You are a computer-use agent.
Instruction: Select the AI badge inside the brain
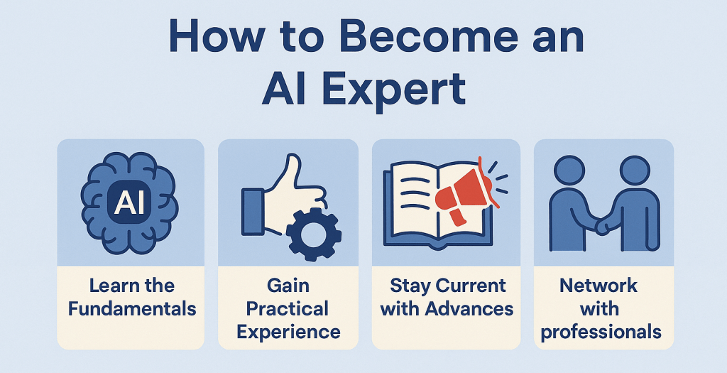tap(129, 204)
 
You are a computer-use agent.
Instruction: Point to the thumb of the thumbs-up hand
tap(292, 172)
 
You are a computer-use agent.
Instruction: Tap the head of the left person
tap(569, 171)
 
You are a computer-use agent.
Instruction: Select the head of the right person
tap(635, 171)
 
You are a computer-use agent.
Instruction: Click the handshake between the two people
tap(602, 227)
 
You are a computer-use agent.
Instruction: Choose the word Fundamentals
tap(132, 309)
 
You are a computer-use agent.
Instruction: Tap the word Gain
tap(288, 286)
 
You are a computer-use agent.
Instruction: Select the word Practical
tap(288, 309)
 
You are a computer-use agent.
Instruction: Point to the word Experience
tap(288, 333)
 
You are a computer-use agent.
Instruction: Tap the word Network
tap(598, 286)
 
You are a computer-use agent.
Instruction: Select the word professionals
tap(601, 333)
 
